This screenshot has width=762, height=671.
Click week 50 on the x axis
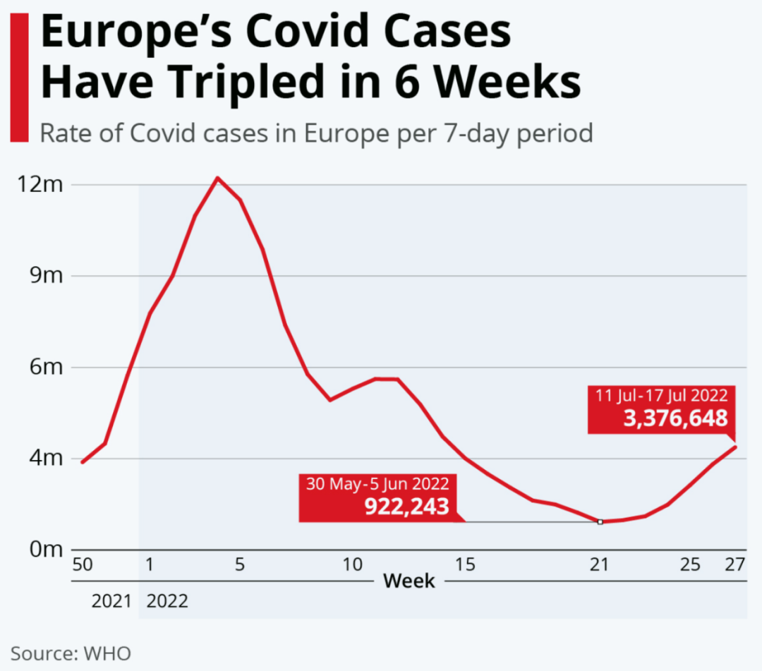tap(83, 565)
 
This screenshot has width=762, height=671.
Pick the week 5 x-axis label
tap(240, 565)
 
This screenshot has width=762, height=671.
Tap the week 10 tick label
tap(353, 565)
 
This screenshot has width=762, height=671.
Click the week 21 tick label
tap(600, 565)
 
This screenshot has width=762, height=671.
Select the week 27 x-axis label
tap(735, 565)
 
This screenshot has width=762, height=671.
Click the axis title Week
tap(409, 582)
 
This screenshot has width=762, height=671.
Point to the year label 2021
tap(111, 602)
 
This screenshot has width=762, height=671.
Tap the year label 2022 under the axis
tap(167, 602)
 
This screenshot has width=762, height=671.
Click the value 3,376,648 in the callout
tap(675, 418)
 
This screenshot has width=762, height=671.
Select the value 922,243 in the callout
tap(407, 506)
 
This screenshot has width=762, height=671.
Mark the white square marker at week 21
tap(600, 521)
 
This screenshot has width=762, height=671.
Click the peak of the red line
tap(217, 178)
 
